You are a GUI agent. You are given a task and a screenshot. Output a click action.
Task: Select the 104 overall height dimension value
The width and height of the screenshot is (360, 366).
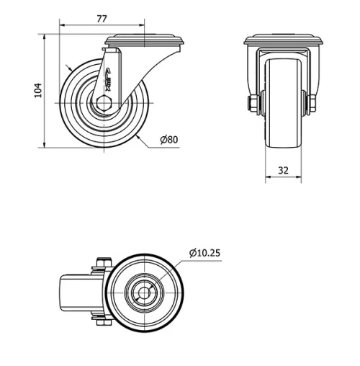click(x=38, y=90)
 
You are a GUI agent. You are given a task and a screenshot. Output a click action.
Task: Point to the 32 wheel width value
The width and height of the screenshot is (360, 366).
click(x=282, y=171)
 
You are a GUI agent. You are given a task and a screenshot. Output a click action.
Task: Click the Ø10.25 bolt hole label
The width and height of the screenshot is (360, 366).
click(x=204, y=252)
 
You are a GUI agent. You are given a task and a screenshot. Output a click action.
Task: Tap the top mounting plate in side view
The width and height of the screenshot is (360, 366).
click(x=144, y=41)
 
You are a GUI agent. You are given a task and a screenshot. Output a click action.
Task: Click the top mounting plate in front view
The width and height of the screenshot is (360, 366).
click(x=282, y=41)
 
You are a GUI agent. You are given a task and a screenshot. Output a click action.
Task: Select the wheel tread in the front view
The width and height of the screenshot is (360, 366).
click(x=282, y=108)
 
